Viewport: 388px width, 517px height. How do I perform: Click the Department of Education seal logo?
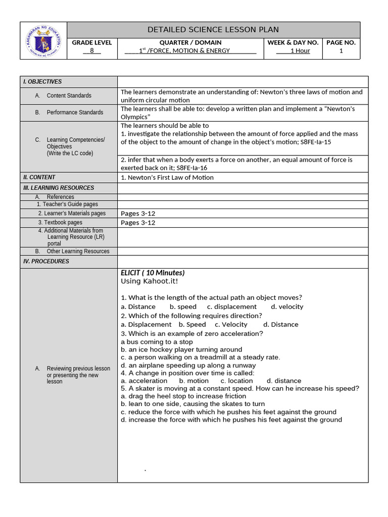43,41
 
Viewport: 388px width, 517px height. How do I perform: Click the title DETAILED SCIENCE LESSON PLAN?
213,30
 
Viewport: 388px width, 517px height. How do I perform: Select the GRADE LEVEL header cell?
91,42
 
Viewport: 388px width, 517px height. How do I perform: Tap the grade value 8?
91,50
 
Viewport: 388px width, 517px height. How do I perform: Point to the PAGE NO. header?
341,42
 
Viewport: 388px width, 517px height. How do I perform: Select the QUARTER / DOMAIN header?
190,42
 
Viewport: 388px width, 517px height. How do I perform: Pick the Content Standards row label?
69,95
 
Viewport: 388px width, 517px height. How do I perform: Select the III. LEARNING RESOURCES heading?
59,188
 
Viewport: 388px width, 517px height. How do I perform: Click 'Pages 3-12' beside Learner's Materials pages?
138,214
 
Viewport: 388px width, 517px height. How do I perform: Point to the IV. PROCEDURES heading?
46,262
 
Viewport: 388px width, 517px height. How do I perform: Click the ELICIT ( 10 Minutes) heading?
153,273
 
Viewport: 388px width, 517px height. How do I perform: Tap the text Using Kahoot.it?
149,281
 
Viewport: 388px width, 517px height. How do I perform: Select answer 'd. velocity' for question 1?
287,306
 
